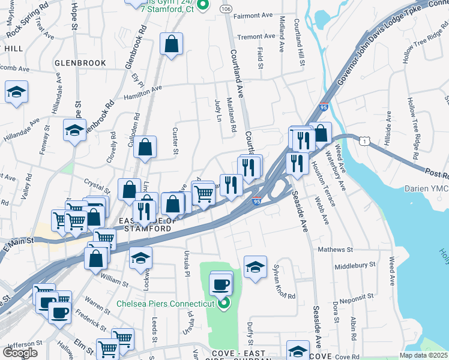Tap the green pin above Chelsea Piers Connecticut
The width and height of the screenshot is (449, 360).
(x=223, y=303)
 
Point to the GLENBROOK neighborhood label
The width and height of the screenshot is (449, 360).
(x=80, y=63)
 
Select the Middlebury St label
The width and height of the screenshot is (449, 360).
(x=355, y=264)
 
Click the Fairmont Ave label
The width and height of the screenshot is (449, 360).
(x=253, y=16)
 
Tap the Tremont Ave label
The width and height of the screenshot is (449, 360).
(x=256, y=37)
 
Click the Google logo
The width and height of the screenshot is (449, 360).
(x=20, y=352)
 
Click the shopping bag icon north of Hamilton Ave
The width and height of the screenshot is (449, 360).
(x=172, y=44)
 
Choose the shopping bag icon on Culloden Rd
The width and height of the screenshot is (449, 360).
(x=145, y=147)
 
